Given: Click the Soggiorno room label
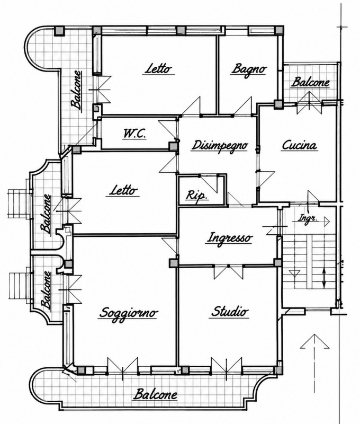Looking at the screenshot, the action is [129, 313].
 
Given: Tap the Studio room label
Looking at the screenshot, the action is [229, 311].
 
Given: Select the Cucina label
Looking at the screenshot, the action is [299, 145].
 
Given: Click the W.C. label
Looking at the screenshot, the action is [135, 134].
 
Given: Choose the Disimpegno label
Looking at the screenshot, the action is [220, 145].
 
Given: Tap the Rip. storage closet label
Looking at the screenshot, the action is [197, 195].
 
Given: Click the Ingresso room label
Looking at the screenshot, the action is [230, 238].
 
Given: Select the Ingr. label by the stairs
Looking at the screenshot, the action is [308, 218].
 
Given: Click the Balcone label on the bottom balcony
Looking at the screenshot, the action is [156, 394].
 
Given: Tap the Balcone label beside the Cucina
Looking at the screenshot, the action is [311, 82].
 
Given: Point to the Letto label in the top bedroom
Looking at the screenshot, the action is [159, 69].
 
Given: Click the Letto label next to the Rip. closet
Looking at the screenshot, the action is [124, 191].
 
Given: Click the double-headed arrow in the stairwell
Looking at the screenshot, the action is [325, 278].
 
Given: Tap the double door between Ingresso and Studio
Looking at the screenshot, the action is [229, 272].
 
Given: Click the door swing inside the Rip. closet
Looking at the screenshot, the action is [209, 184].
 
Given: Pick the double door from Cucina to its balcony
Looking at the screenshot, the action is [310, 103].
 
